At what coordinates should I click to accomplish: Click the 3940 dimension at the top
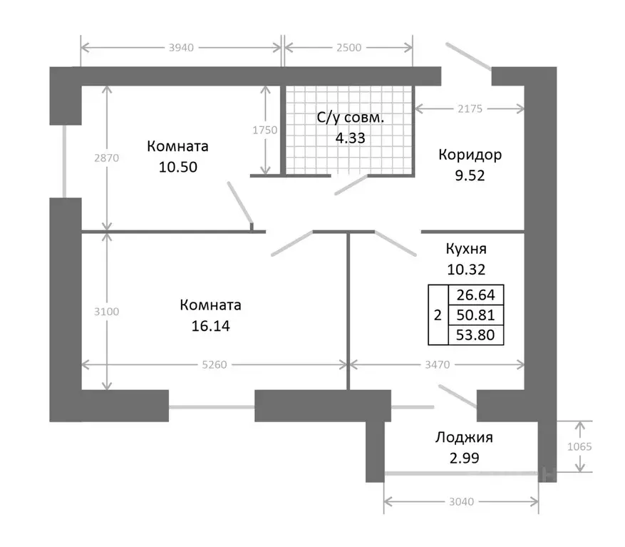point(181,48)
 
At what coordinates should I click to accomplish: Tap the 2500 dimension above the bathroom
point(348,48)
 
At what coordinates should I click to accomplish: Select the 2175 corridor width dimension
point(470,108)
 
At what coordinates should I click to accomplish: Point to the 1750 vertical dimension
point(265,130)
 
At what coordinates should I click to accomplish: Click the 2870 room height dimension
point(106,158)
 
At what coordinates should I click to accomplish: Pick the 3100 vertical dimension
point(106,312)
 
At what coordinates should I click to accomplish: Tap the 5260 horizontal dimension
point(215,364)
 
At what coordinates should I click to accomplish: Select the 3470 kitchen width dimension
point(438,364)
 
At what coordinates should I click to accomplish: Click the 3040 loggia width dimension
point(462,502)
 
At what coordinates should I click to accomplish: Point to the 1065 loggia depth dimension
point(579,446)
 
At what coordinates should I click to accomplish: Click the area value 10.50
point(177,167)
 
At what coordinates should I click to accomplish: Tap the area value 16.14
point(210,326)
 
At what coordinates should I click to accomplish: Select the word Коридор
point(470,155)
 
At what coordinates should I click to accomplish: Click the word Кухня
point(466,249)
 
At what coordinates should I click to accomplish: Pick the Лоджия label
point(464,438)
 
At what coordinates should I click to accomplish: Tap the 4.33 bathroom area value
point(350,138)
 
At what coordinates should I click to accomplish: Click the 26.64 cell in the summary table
point(475,295)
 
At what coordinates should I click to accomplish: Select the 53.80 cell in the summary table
point(475,335)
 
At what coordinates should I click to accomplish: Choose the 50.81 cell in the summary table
point(475,315)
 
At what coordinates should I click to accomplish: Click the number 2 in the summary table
point(438,315)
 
